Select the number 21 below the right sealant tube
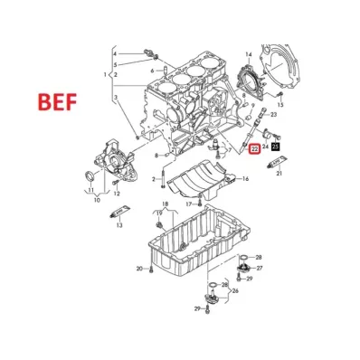click(x=279, y=173)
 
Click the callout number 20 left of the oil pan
click(x=140, y=269)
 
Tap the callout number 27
click(x=259, y=269)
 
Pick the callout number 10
click(x=97, y=200)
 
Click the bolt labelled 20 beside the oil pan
click(x=152, y=269)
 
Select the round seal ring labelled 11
click(x=89, y=173)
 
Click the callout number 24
click(x=266, y=145)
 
